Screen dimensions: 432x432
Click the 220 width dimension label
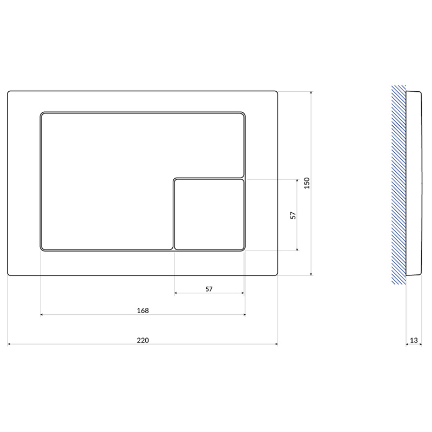tap(143, 340)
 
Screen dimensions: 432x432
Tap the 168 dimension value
tap(143, 310)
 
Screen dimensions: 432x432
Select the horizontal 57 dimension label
tap(209, 289)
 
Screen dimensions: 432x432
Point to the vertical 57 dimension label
tap(293, 215)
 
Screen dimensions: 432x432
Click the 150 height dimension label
tap(307, 183)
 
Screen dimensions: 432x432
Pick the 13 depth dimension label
tap(414, 340)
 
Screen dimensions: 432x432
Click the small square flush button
tap(210, 214)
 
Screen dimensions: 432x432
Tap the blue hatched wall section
tap(399, 185)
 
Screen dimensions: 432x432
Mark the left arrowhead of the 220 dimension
tap(9, 344)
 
